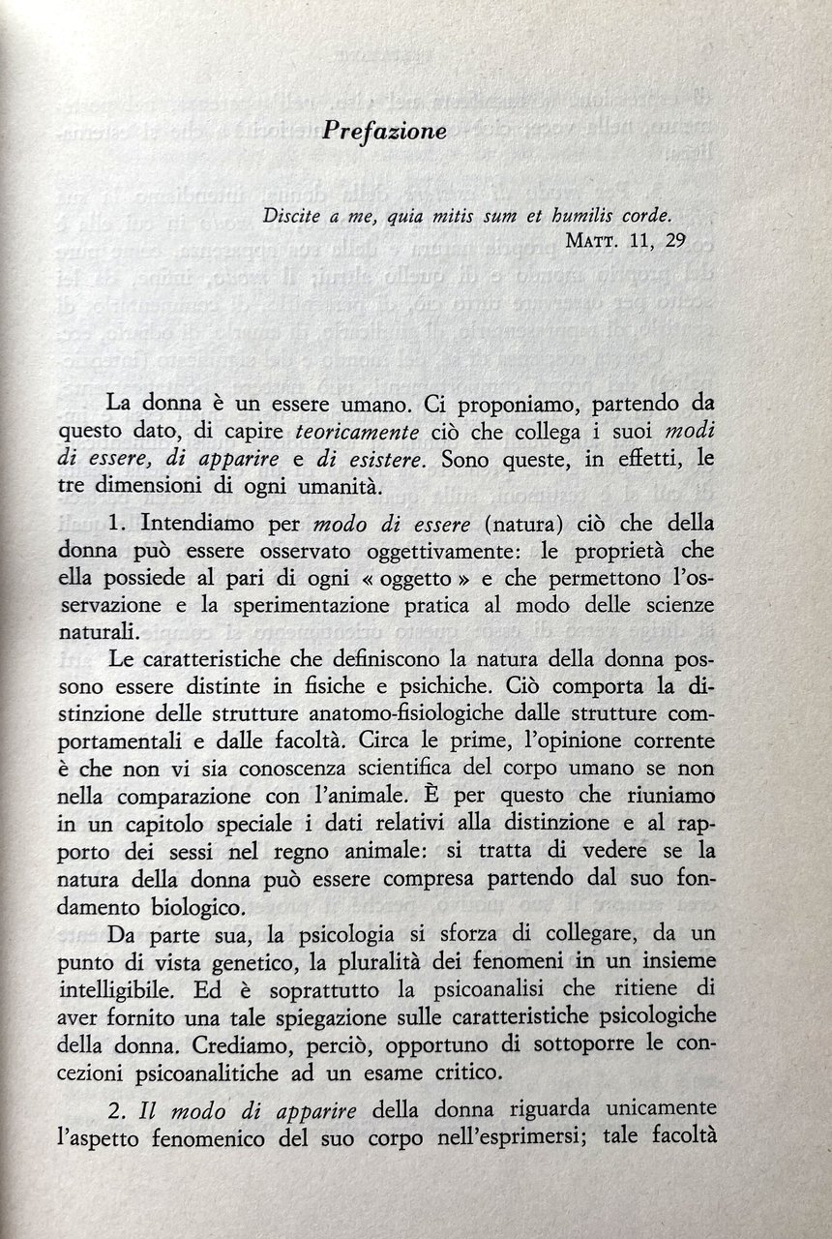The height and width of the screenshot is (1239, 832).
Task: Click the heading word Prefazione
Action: [x=384, y=130]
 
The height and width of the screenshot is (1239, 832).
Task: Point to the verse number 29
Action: [x=671, y=242]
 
